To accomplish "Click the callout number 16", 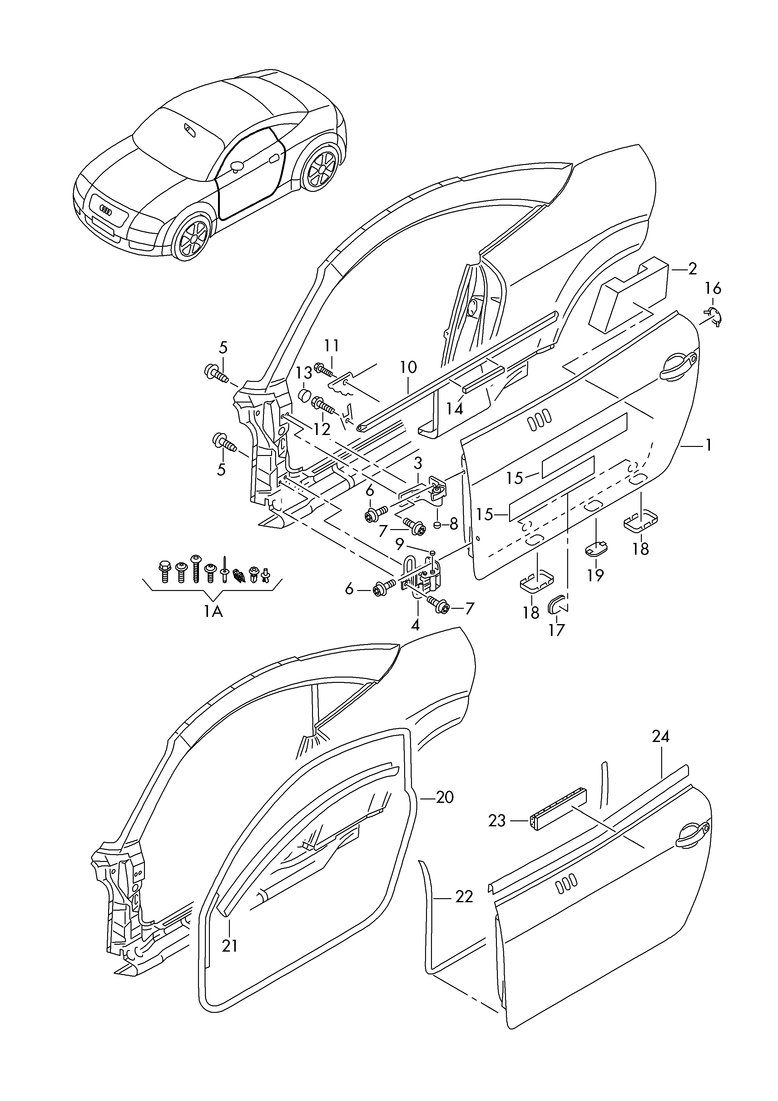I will click(x=713, y=289).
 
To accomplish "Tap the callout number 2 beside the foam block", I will click(x=692, y=269).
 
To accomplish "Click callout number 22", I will click(x=464, y=896).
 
